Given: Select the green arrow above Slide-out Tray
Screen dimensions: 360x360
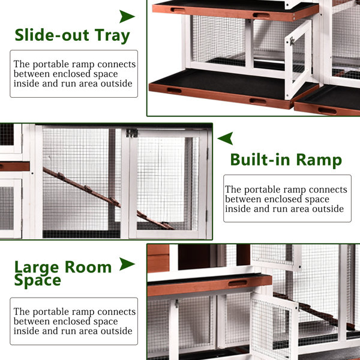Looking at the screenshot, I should pos(127,16).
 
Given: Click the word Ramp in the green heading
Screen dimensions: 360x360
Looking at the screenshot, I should pos(319,160).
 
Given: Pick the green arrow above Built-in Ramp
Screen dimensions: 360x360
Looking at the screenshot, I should pos(226,139).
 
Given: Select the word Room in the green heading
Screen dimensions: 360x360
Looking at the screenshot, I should pos(89,267).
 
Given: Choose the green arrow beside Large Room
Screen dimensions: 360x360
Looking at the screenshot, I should pos(127,264).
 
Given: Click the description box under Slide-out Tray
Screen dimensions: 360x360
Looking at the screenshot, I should pos(74,74).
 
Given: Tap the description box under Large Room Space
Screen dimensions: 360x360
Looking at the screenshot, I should pos(74,321).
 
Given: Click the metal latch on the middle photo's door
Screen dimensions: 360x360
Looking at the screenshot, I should pos(132,133).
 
